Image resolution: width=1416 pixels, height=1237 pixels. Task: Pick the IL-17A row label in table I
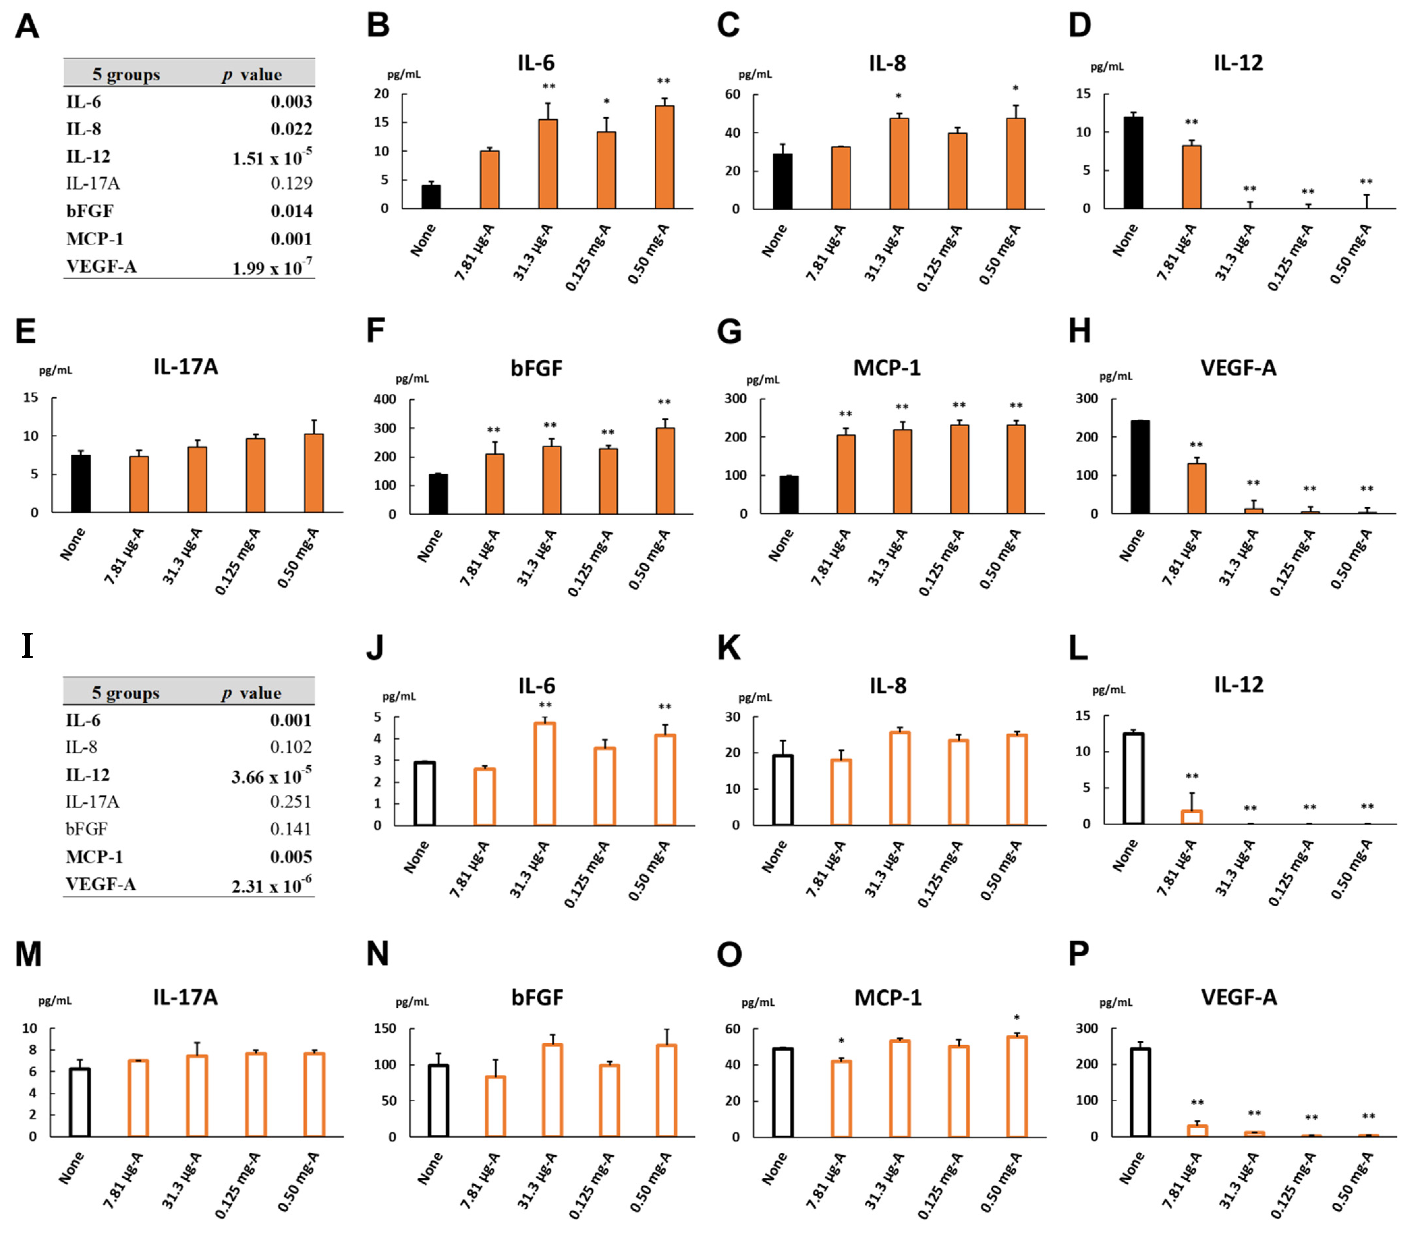pyautogui.click(x=93, y=801)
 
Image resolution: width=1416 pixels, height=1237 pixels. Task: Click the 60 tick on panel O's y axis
pyautogui.click(x=732, y=1028)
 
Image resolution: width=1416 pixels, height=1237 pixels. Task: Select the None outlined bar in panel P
pyautogui.click(x=1140, y=1092)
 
